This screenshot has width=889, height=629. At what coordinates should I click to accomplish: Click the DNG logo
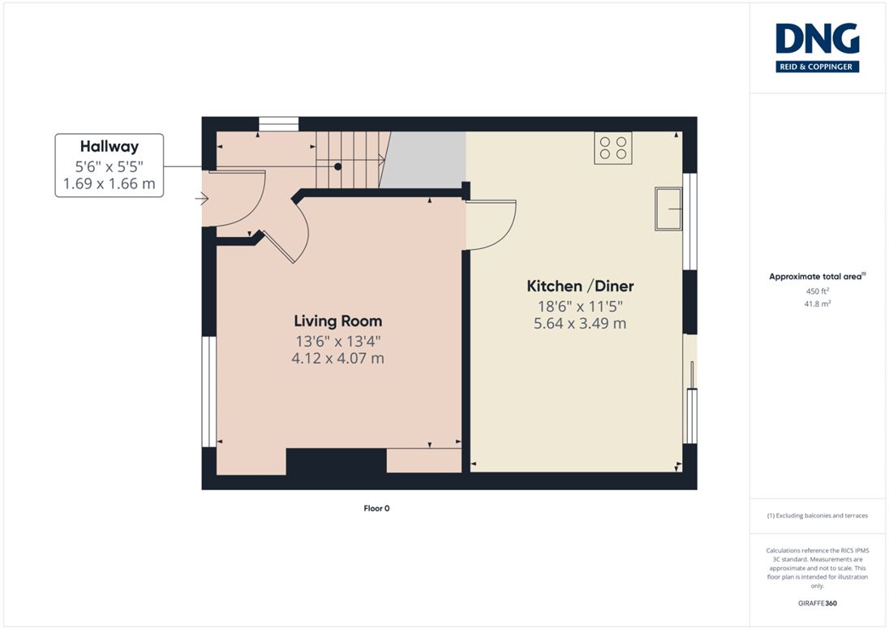(817, 48)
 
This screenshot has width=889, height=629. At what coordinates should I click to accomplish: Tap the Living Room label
(338, 321)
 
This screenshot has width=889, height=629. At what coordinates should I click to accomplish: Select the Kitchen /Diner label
(580, 286)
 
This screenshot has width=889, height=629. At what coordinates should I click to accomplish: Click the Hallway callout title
(110, 146)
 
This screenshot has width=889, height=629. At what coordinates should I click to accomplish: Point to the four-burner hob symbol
(613, 148)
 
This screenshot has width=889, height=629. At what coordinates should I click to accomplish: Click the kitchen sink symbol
(669, 209)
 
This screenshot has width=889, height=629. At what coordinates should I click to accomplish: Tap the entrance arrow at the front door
(201, 199)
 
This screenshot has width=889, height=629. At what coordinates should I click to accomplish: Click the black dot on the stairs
(338, 166)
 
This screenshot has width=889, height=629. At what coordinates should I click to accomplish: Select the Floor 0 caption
(376, 508)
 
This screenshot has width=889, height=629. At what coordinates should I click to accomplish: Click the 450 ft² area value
(817, 291)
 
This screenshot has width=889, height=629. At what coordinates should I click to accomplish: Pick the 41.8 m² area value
(817, 304)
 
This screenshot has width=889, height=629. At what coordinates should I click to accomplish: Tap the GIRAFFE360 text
(817, 603)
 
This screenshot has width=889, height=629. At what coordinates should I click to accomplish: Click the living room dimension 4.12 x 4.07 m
(338, 359)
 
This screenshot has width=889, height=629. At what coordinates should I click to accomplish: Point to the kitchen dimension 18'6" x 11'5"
(580, 306)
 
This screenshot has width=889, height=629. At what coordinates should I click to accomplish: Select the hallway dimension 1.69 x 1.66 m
(110, 183)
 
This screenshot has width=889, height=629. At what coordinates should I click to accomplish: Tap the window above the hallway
(278, 123)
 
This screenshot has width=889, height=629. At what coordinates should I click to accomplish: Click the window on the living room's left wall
(209, 391)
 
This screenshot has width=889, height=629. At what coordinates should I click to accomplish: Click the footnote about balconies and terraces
(817, 515)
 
